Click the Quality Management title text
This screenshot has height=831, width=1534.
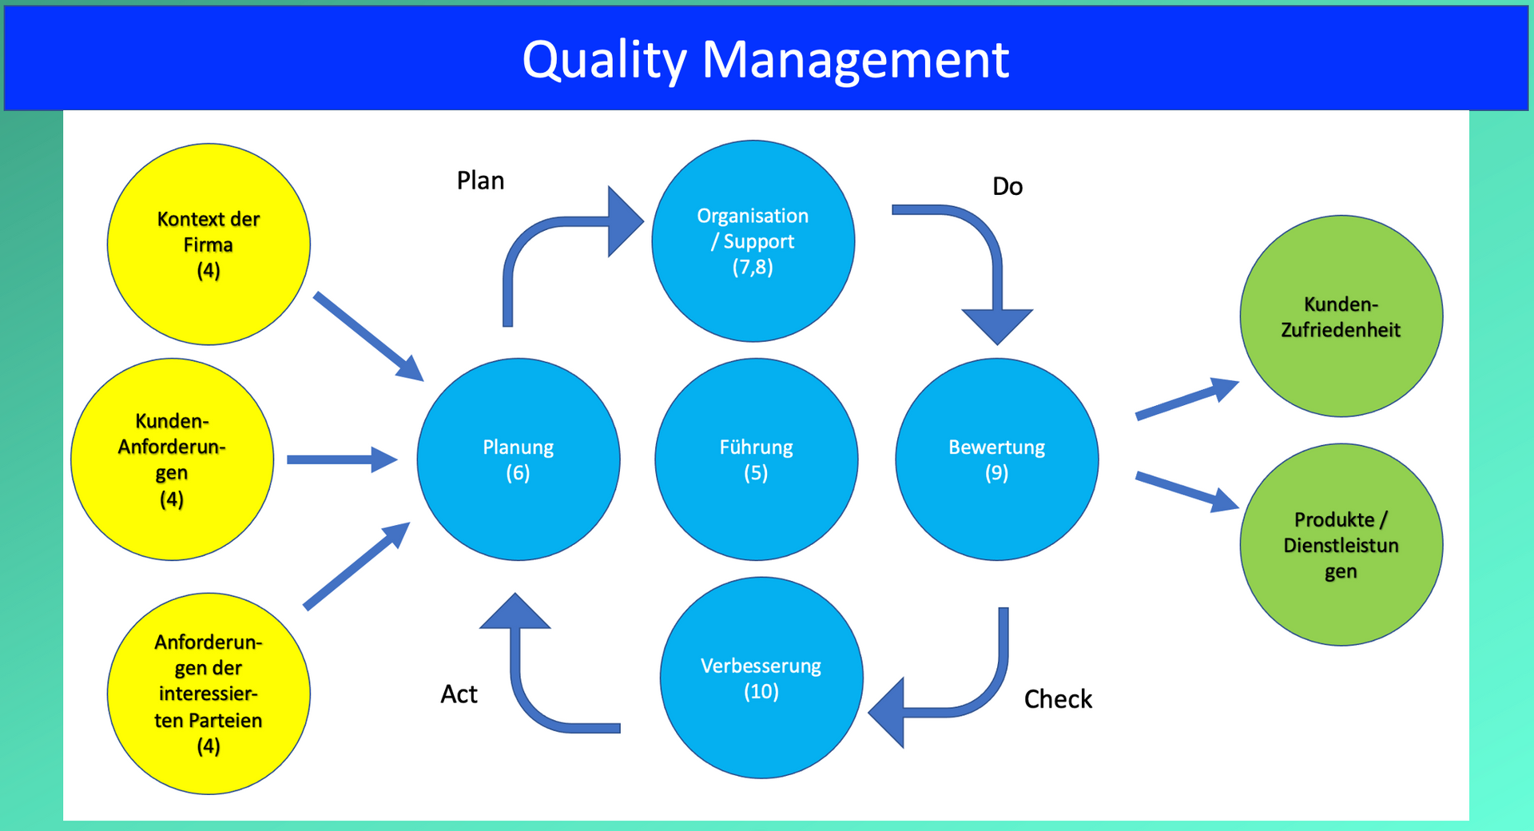pos(765,59)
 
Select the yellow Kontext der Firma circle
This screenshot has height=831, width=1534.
pos(209,245)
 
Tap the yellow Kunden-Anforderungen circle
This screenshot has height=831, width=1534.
pos(172,459)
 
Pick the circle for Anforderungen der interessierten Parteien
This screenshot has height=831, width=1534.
pos(209,694)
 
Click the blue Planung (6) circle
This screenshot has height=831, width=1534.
pos(519,459)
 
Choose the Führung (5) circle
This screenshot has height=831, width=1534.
pos(756,459)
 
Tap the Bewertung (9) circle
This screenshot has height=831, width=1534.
pos(996,459)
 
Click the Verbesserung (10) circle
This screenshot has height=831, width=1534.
pos(761,678)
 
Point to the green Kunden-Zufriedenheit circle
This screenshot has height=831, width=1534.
pos(1341,316)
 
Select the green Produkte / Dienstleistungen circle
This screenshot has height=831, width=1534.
pos(1341,545)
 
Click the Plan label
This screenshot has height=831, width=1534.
pos(480,181)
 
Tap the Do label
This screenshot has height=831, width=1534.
pos(1007,186)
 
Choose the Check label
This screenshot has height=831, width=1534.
pos(1058,699)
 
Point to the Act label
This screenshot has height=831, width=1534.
pos(459,694)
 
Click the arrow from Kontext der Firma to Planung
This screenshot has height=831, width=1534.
pos(367,336)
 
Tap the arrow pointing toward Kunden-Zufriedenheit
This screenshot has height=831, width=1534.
pos(1186,400)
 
